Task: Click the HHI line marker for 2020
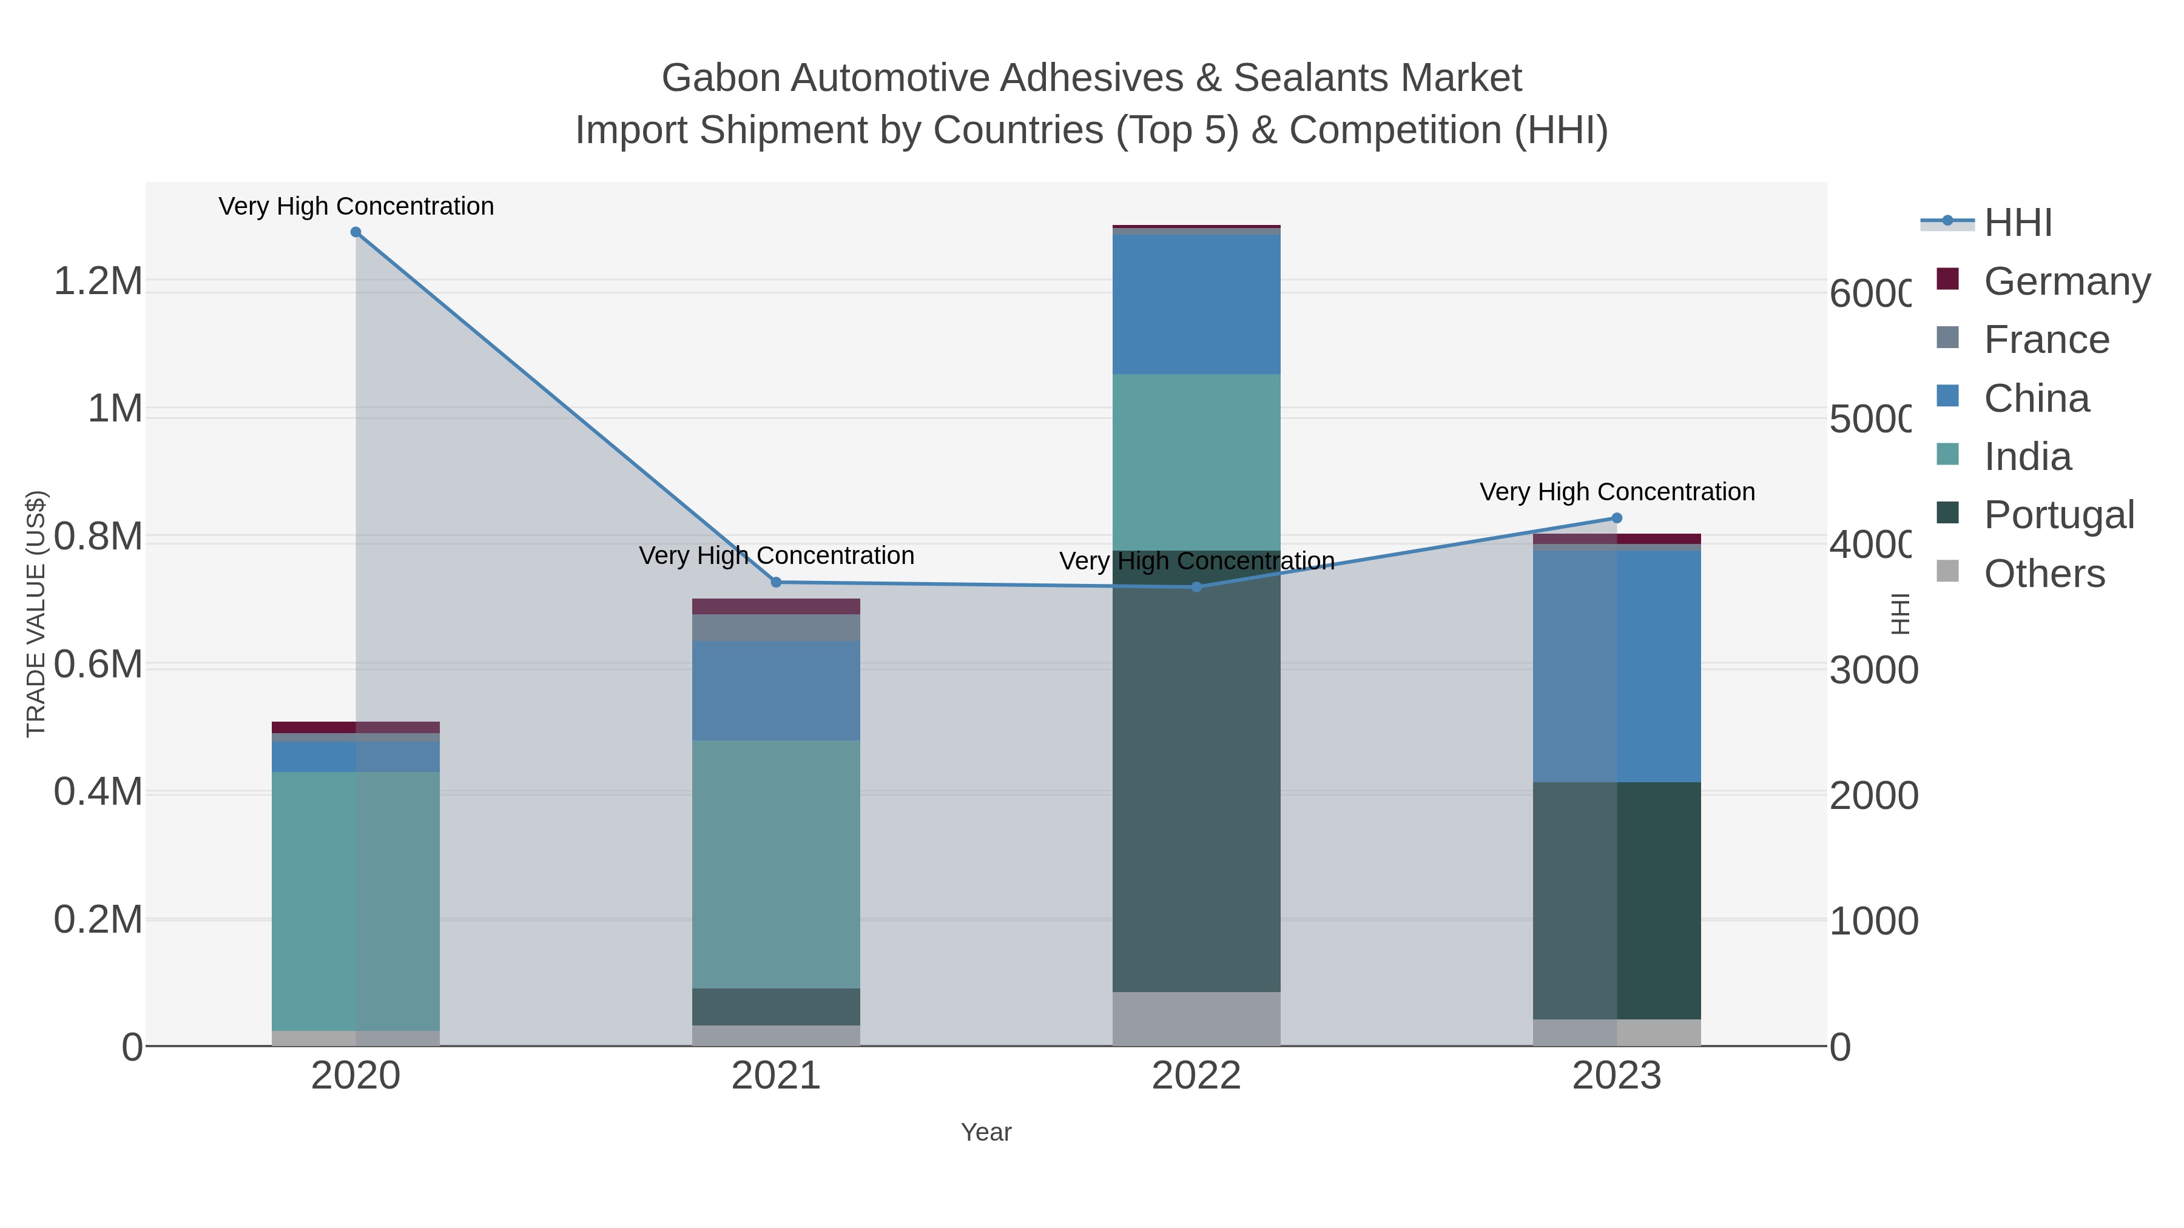[356, 232]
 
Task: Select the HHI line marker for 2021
[776, 582]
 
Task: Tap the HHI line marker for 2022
[1196, 586]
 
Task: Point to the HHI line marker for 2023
[1616, 518]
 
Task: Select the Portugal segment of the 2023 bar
[1616, 900]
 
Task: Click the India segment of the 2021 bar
[776, 864]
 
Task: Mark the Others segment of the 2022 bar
[1196, 1019]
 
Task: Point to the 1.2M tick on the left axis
[98, 281]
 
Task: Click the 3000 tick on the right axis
[1873, 670]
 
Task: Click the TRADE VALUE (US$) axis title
[36, 614]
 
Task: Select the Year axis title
[986, 1132]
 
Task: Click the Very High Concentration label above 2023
[1616, 492]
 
